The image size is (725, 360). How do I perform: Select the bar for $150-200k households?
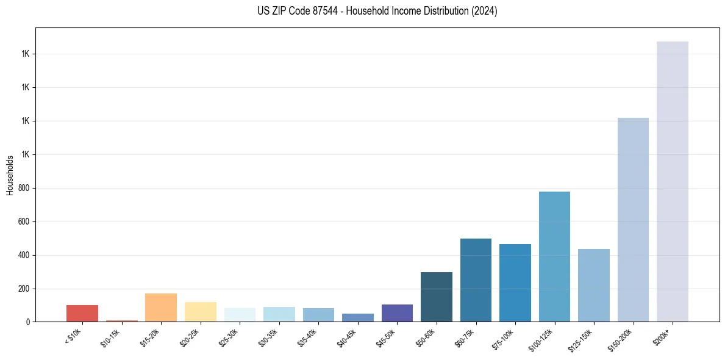633,220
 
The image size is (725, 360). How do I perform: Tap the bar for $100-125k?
554,256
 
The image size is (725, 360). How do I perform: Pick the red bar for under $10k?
82,313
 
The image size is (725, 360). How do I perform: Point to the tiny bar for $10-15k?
121,320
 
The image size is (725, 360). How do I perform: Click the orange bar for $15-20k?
161,308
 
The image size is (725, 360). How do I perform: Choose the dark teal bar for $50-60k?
437,297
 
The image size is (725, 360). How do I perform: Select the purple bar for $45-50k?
397,312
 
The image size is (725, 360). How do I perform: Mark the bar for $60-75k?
476,280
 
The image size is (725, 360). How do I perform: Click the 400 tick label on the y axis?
29,255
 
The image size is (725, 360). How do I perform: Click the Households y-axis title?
10,175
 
